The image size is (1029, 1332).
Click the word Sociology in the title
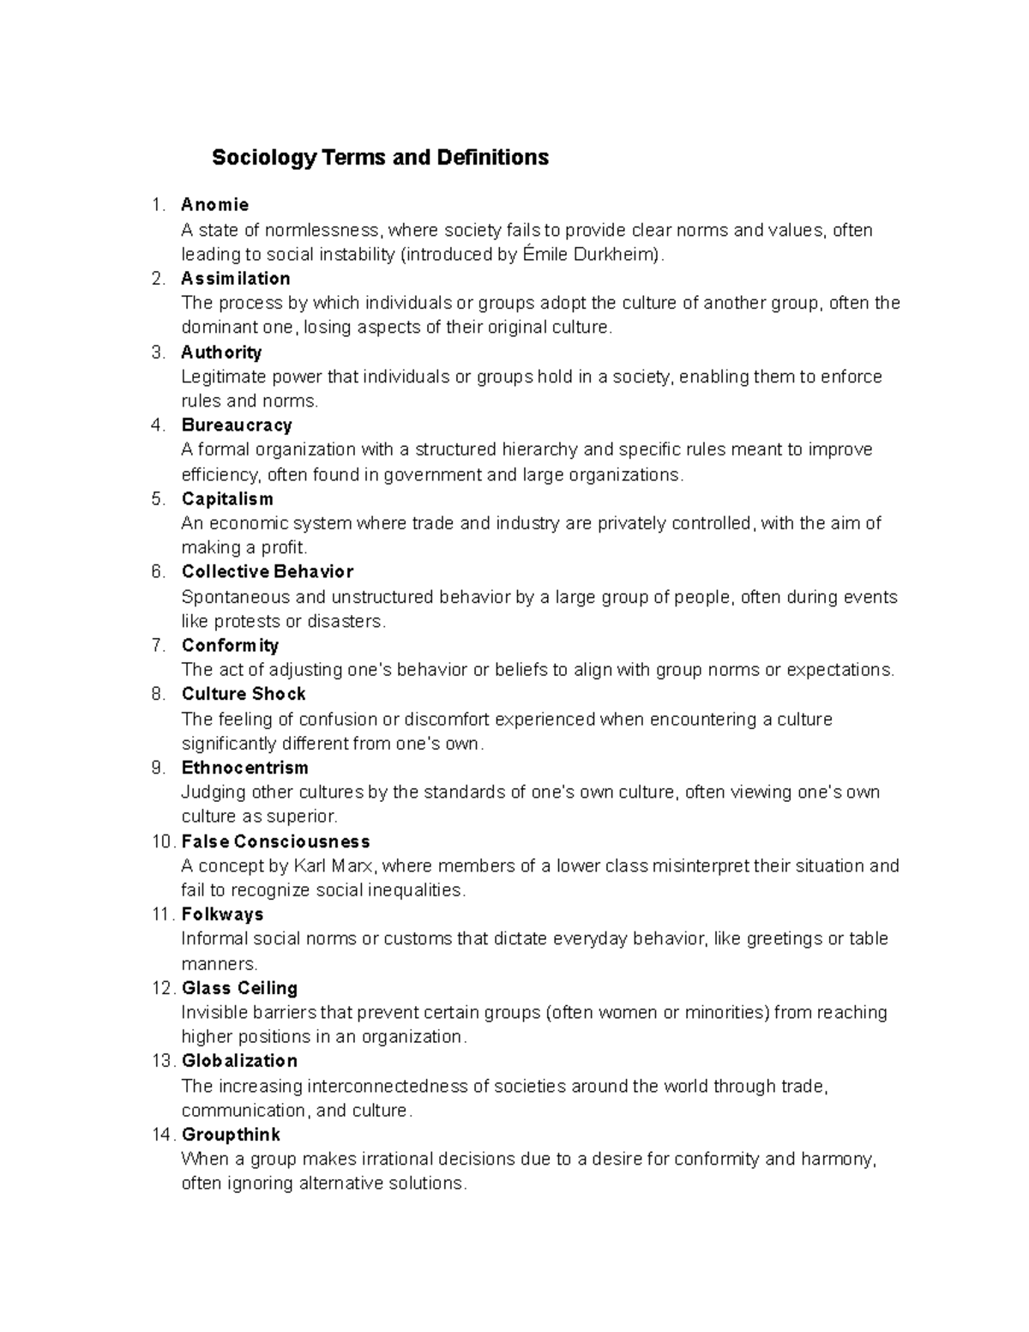(x=264, y=158)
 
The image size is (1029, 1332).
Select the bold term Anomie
(x=214, y=205)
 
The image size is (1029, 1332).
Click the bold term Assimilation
(x=235, y=279)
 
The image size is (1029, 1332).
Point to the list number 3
(x=156, y=353)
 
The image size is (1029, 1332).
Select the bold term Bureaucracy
(x=237, y=425)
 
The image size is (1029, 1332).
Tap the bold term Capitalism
(x=227, y=499)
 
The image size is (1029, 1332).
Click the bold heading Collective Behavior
(x=267, y=572)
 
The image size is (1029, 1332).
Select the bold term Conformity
(x=230, y=646)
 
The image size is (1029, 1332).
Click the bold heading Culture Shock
(x=244, y=694)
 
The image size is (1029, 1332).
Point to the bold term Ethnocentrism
(x=244, y=768)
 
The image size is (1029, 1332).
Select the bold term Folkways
(x=222, y=914)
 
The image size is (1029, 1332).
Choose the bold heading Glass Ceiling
(x=239, y=988)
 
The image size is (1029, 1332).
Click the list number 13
(x=163, y=1062)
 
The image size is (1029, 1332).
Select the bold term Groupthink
(x=231, y=1136)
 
